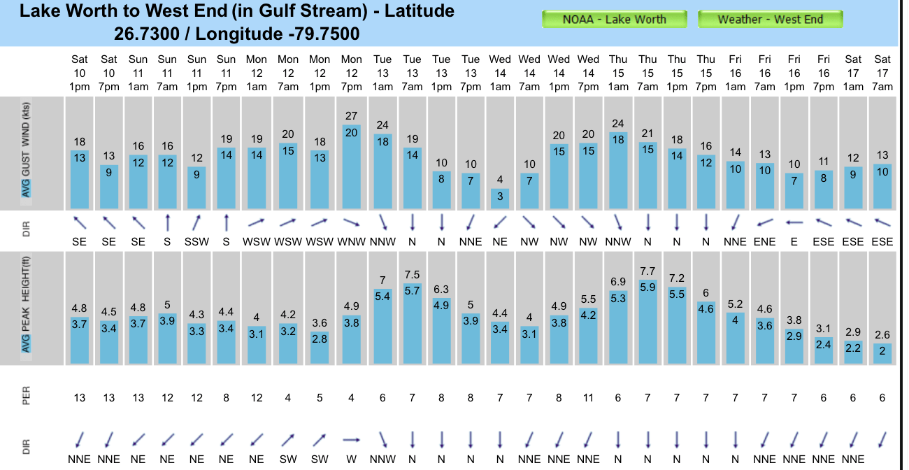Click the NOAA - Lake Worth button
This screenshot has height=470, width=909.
(615, 20)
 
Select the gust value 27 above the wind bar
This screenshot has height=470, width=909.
(352, 116)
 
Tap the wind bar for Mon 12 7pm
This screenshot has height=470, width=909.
(352, 166)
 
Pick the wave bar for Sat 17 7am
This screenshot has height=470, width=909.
(882, 352)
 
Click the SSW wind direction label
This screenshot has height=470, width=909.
(197, 242)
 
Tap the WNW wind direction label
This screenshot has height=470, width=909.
(352, 242)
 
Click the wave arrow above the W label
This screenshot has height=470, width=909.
(352, 439)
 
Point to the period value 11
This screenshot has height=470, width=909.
(589, 398)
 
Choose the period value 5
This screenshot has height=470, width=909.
(320, 398)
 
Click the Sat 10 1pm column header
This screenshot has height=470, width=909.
(80, 73)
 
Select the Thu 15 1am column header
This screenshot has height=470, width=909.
(618, 73)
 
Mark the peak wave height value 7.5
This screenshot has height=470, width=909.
(412, 275)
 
